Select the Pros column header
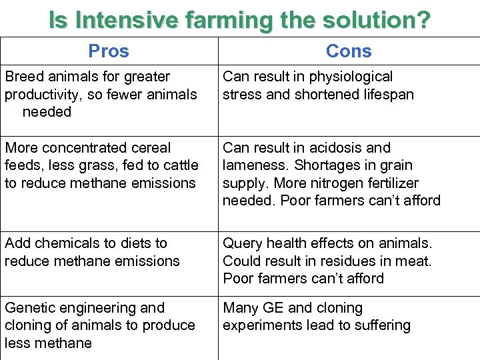(109, 51)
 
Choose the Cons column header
(349, 51)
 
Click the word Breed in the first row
(23, 77)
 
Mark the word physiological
(351, 77)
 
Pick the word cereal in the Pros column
(151, 148)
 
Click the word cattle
(180, 165)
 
